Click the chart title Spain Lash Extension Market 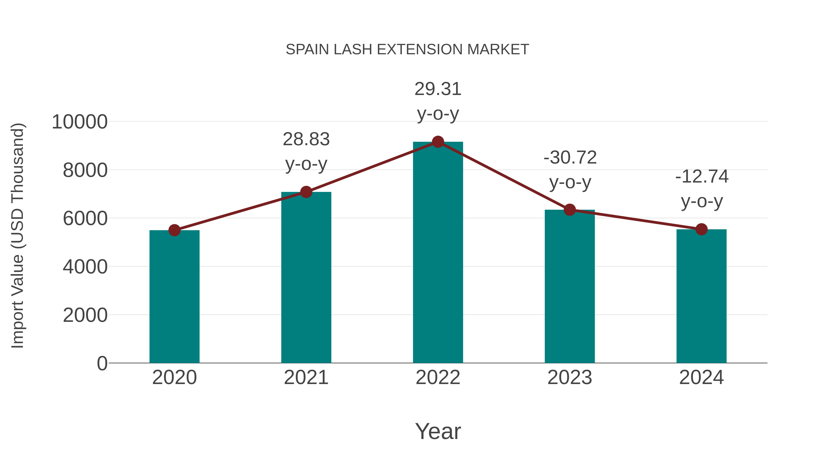click(x=407, y=50)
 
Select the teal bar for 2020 click(x=174, y=297)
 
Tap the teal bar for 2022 click(x=438, y=253)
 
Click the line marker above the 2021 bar click(x=306, y=192)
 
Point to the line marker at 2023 click(x=570, y=210)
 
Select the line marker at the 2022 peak click(x=438, y=142)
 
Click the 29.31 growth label click(x=438, y=89)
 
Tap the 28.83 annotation click(x=306, y=139)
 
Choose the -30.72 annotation click(x=570, y=158)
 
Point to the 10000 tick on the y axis click(x=80, y=122)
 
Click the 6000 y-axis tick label click(x=85, y=218)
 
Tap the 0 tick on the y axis click(x=102, y=363)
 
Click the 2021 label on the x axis click(x=306, y=378)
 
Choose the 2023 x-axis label click(x=570, y=378)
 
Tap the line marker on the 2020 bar click(x=174, y=230)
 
